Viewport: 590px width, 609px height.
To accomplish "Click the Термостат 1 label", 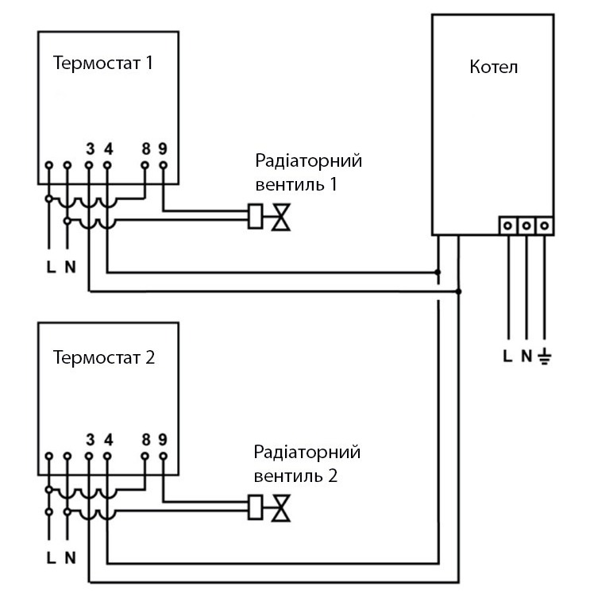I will tap(102, 64).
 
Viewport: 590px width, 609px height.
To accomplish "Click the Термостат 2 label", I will tap(103, 357).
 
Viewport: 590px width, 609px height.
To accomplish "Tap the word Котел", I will tap(494, 67).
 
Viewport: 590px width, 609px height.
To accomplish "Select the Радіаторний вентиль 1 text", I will tap(308, 173).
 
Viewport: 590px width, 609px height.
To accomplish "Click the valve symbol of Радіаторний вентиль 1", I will tap(280, 217).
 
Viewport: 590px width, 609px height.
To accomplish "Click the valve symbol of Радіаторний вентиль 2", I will tap(280, 508).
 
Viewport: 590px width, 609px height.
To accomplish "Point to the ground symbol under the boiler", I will tap(545, 356).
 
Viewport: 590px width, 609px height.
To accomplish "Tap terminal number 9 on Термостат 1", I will tap(163, 148).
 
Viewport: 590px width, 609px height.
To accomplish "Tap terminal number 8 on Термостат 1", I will tap(145, 148).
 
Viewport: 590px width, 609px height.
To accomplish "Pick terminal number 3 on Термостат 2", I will tap(90, 440).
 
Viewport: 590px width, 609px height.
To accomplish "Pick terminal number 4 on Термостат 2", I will tap(108, 440).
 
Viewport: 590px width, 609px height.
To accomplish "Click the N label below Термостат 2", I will tap(70, 557).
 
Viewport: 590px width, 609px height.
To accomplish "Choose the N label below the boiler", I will tap(526, 356).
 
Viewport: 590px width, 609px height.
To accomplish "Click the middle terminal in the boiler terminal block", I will tap(526, 225).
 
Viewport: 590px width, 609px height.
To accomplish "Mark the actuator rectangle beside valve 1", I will tap(256, 217).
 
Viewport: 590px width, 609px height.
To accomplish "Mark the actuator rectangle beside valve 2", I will tap(256, 508).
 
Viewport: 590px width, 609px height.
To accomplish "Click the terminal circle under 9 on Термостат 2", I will tap(164, 457).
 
